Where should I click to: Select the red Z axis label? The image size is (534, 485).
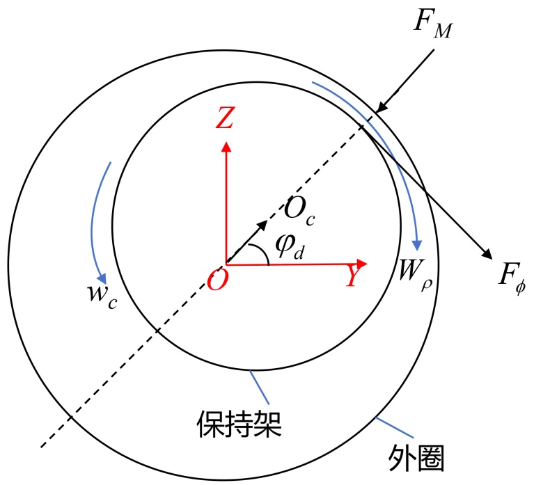[x=224, y=120]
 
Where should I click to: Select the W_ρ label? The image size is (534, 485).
[x=413, y=268]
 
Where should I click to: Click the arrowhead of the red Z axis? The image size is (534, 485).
[x=225, y=145]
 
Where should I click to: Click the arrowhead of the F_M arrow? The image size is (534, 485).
[x=380, y=108]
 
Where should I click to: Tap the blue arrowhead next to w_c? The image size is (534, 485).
[x=102, y=277]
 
